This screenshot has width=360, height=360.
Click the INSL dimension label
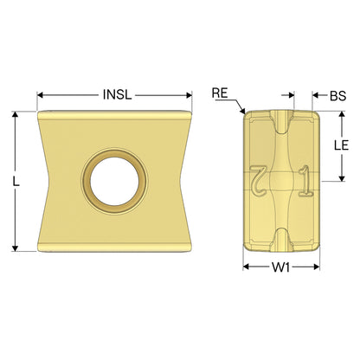[x=117, y=94]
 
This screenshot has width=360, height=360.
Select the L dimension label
[x=16, y=181]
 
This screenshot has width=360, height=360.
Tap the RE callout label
[x=220, y=93]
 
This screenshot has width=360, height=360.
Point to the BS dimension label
[x=337, y=96]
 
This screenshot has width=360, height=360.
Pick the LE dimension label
[x=341, y=145]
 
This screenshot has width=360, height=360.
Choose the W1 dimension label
[x=280, y=267]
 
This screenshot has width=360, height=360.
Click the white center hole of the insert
[x=114, y=181]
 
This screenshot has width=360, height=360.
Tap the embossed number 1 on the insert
[x=305, y=182]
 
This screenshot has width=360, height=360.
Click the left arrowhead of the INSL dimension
[x=41, y=95]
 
